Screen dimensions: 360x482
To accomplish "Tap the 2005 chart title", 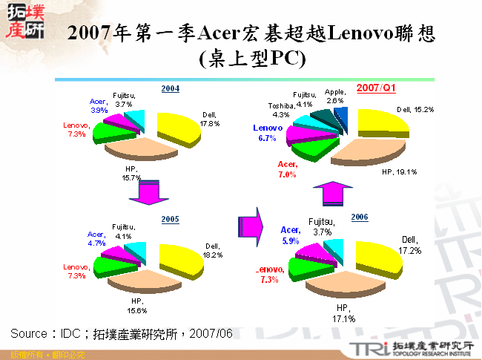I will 171,219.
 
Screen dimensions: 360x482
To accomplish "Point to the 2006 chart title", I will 360,216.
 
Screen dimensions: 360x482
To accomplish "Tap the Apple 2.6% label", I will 334,96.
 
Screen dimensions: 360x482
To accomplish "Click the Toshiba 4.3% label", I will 282,111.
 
